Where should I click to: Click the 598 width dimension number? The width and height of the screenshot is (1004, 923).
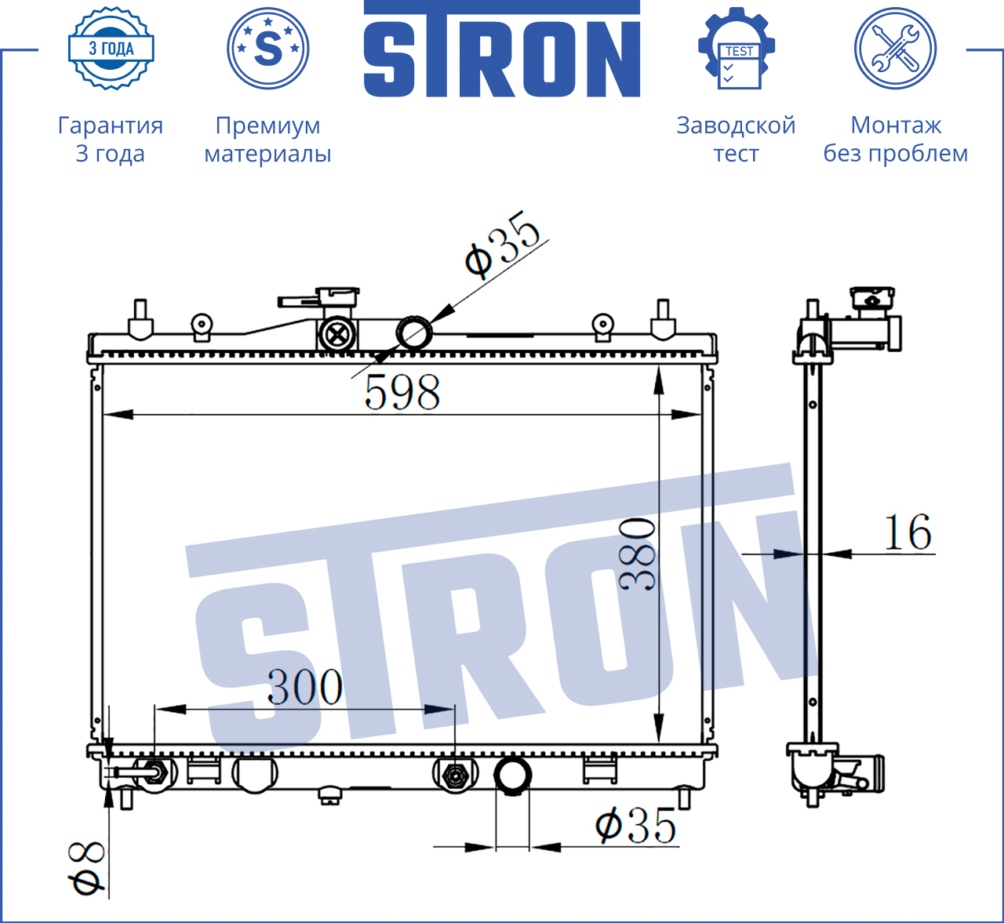(x=402, y=392)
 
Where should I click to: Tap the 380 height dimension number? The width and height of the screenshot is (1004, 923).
(x=637, y=554)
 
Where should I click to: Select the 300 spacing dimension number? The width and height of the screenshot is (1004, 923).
(x=305, y=687)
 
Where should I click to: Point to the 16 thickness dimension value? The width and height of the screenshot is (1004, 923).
(x=908, y=532)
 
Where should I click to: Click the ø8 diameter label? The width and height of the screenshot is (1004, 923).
(x=86, y=868)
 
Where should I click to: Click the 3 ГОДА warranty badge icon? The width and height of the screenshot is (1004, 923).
(x=111, y=49)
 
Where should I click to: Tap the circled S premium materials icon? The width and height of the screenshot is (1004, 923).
(x=267, y=49)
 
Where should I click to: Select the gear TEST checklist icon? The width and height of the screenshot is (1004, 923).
(x=737, y=49)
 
